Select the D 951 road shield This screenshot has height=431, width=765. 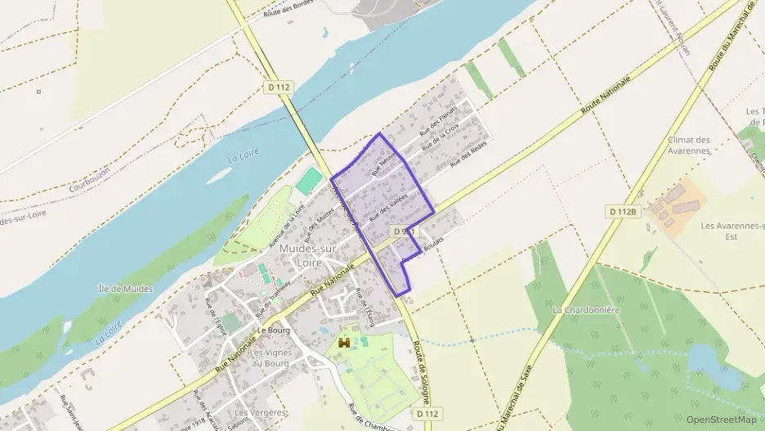pos(405,231)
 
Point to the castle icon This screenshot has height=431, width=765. pos(345,341)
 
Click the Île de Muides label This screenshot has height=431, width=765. pos(125,289)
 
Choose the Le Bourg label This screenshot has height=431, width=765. pos(274,330)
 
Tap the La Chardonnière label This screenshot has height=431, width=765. pos(586,310)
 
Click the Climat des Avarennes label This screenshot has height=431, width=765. pos(689,145)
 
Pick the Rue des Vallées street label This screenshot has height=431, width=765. pos(388,207)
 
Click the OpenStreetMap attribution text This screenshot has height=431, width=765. pos(722,420)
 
